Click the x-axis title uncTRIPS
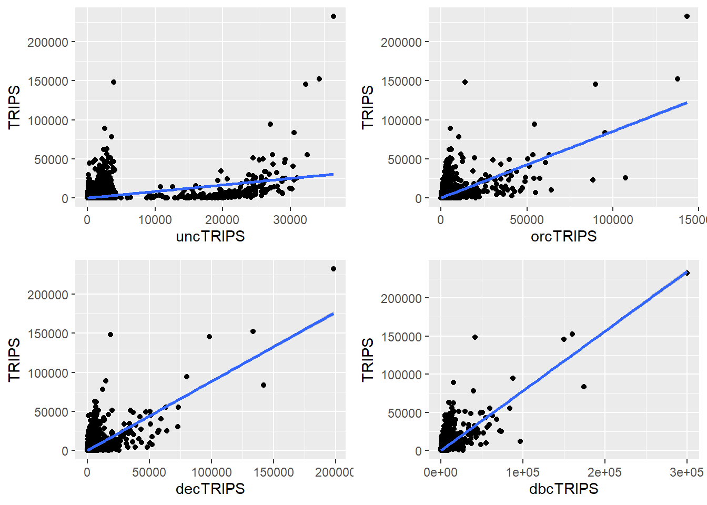tap(210, 236)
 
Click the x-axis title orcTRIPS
tap(563, 236)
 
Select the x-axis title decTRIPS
tap(210, 489)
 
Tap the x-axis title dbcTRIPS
tap(563, 489)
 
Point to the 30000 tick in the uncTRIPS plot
tap(290, 220)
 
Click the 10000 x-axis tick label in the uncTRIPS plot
tap(155, 220)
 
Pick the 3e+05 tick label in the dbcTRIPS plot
tap(686, 472)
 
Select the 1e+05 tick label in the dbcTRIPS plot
tap(522, 472)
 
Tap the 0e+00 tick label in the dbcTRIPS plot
tap(440, 472)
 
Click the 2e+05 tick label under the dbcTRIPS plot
tap(604, 472)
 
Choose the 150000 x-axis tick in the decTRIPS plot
tap(274, 472)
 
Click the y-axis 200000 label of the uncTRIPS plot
tap(48, 42)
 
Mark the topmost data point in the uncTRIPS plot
tap(334, 16)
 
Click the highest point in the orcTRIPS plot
tap(687, 16)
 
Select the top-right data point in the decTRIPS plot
tap(334, 269)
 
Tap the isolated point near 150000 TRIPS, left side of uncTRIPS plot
tap(114, 82)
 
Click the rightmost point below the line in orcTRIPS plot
tap(625, 178)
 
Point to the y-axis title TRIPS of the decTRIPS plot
tap(14, 359)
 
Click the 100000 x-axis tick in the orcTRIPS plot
tap(613, 220)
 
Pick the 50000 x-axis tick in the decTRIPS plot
tap(149, 472)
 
